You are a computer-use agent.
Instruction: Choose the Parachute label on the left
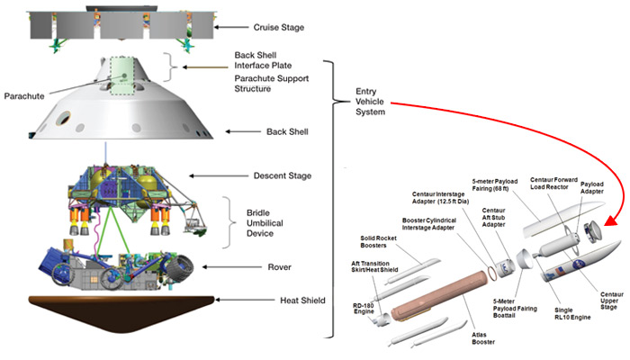pyautogui.click(x=28, y=95)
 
